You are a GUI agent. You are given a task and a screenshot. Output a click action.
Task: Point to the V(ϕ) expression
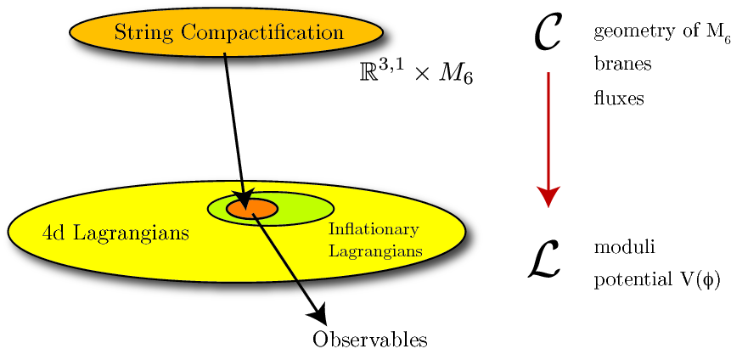[696, 280]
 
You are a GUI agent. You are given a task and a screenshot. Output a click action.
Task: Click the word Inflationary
[374, 230]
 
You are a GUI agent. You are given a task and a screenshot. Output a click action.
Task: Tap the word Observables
[369, 340]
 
